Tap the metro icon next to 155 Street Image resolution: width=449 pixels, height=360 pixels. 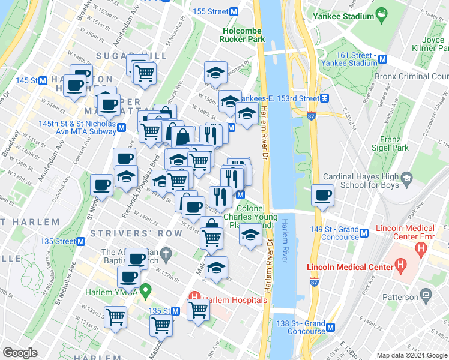coord(234,11)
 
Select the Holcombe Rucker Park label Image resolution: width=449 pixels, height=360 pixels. coord(243,35)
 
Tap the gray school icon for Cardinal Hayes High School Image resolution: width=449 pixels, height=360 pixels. coord(407,177)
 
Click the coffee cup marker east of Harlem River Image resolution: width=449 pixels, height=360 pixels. coord(323,196)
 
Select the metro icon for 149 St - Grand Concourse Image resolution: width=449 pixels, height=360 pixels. coord(363,230)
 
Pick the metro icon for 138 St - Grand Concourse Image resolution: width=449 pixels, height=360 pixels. coord(332,327)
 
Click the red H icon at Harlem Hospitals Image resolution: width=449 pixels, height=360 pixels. coord(194,296)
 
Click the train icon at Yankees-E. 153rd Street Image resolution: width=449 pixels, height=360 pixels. coord(324,98)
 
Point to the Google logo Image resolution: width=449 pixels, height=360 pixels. coord(20,353)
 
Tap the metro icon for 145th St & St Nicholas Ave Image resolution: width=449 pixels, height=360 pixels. coord(122,127)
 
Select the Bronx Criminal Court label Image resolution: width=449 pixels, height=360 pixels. coord(412,77)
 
